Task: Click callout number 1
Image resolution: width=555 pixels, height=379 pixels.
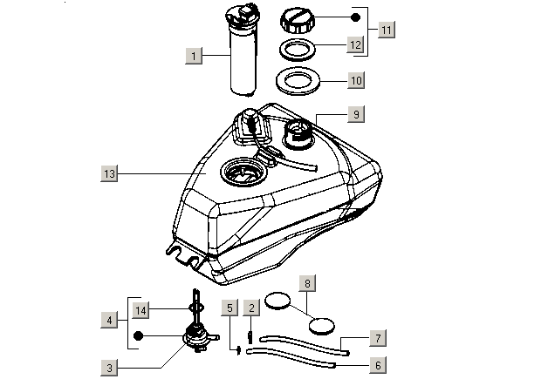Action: click(195, 55)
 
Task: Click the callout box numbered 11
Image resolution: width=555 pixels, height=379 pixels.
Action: click(387, 29)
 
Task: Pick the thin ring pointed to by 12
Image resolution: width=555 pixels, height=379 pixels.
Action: click(297, 48)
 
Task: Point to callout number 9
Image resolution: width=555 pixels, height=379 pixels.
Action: click(357, 113)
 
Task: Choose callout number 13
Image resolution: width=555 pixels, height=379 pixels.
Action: click(109, 174)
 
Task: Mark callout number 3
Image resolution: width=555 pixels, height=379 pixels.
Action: click(109, 369)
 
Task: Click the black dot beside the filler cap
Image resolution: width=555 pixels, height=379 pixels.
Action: click(354, 17)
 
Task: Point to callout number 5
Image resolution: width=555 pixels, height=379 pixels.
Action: click(229, 308)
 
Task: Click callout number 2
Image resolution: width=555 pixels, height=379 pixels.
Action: click(250, 308)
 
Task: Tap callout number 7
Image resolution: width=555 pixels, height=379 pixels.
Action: click(378, 337)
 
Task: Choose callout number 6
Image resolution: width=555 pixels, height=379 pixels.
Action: click(378, 366)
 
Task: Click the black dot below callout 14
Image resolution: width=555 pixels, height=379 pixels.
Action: click(138, 335)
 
